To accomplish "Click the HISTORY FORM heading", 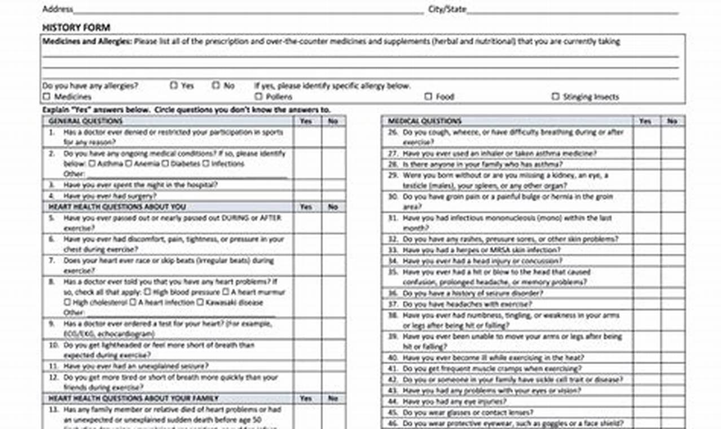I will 76,28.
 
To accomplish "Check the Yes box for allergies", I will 174,86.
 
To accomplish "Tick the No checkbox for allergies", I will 216,86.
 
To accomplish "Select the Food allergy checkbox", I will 429,97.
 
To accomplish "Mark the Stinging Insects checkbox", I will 556,97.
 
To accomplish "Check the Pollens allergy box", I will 258,97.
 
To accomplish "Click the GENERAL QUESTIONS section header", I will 85,121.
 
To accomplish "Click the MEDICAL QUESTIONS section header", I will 425,121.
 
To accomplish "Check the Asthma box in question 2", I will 91,164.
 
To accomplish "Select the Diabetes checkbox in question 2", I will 165,164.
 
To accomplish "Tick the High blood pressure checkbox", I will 147,292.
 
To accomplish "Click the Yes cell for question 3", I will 307,185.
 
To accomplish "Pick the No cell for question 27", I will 671,154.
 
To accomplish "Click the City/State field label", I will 447,9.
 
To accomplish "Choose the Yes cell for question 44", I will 645,402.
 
